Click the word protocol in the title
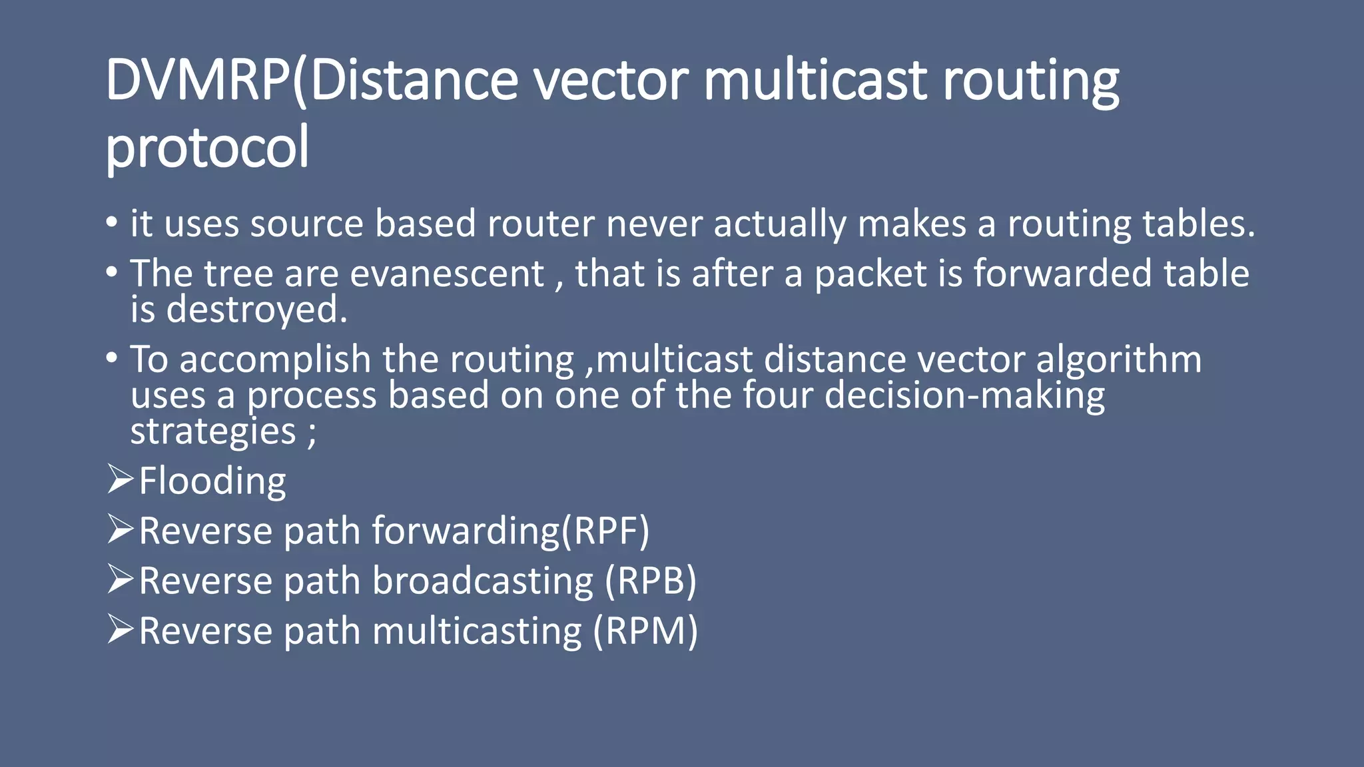click(207, 148)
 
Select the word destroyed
click(256, 310)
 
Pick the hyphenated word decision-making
click(964, 395)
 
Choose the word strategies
click(212, 431)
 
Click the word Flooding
click(212, 481)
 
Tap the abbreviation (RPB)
click(650, 581)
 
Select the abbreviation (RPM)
click(645, 631)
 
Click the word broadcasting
click(482, 581)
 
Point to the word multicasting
click(477, 631)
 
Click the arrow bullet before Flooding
click(120, 480)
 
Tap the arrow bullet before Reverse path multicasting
click(120, 630)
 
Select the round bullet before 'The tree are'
click(112, 272)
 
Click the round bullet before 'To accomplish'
click(112, 358)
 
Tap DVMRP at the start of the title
click(198, 80)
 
